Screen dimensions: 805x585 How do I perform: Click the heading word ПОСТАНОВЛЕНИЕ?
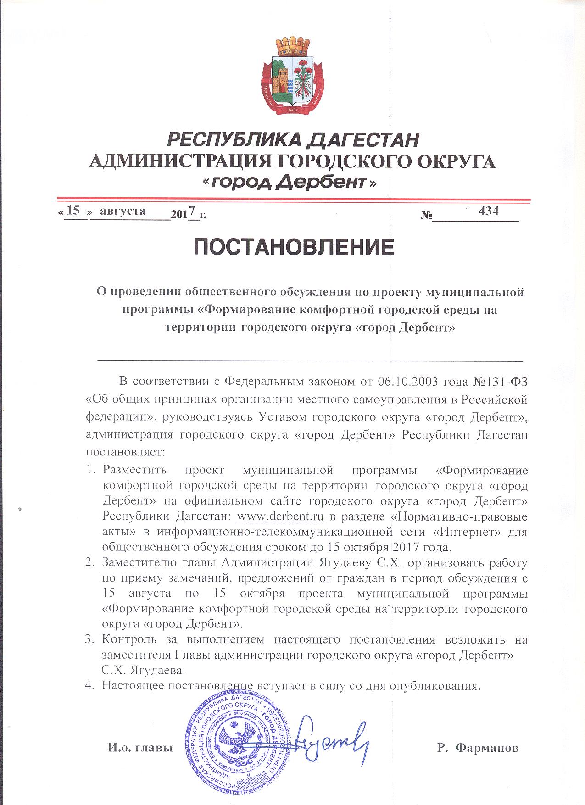pos(294,248)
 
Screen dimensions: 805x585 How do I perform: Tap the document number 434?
pos(488,211)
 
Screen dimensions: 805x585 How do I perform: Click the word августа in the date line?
pos(123,211)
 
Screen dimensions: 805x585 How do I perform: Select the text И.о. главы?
pos(140,748)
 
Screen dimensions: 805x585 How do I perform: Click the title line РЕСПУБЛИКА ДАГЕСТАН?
pos(294,139)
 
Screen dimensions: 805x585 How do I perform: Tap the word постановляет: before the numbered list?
pos(125,451)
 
